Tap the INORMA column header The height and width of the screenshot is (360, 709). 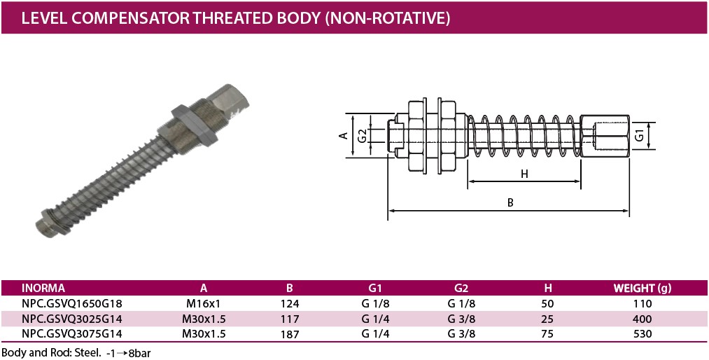[43, 288]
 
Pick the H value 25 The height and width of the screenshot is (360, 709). [547, 319]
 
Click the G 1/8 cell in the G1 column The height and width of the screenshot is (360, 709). [375, 303]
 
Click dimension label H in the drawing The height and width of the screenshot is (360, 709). [524, 173]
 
